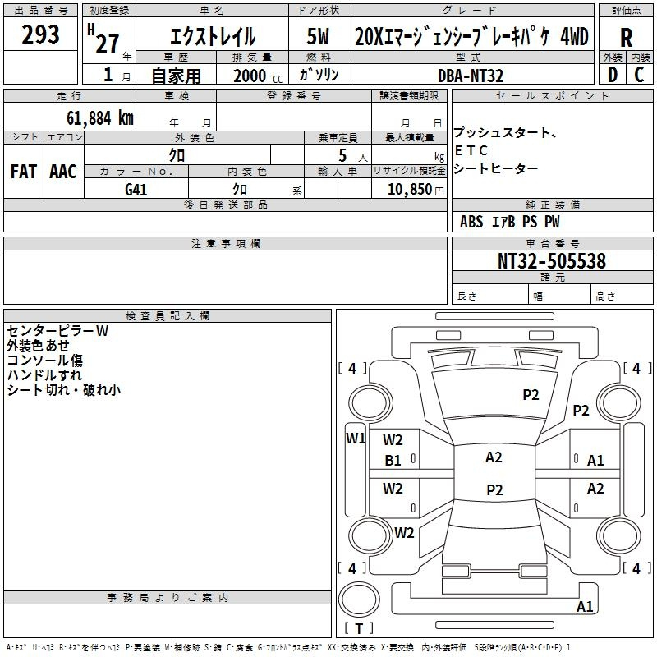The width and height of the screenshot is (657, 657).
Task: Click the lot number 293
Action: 40,34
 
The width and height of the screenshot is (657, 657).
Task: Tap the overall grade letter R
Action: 626,38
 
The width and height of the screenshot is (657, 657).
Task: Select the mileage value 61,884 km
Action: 100,118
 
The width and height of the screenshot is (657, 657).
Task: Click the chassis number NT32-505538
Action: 552,261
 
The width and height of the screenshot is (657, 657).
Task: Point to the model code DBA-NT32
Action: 470,76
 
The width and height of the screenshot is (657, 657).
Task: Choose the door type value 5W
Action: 318,36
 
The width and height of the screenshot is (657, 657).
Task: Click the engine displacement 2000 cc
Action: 258,76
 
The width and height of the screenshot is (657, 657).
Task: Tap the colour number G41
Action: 136,190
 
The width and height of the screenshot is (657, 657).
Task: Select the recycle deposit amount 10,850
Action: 410,189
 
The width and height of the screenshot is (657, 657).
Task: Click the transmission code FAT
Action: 24,172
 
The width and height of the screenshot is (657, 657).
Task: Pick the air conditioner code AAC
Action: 63,172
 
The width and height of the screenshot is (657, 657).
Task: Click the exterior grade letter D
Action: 613,75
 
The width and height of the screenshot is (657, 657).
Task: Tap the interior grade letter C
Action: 639,75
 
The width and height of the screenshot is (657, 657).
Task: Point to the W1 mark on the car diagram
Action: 356,439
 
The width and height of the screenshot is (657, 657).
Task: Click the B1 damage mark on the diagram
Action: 393,461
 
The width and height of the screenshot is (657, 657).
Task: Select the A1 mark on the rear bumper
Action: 585,606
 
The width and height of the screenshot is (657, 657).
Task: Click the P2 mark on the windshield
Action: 531,395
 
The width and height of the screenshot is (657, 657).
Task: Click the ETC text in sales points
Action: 471,150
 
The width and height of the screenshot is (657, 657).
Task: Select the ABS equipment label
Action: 471,222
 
